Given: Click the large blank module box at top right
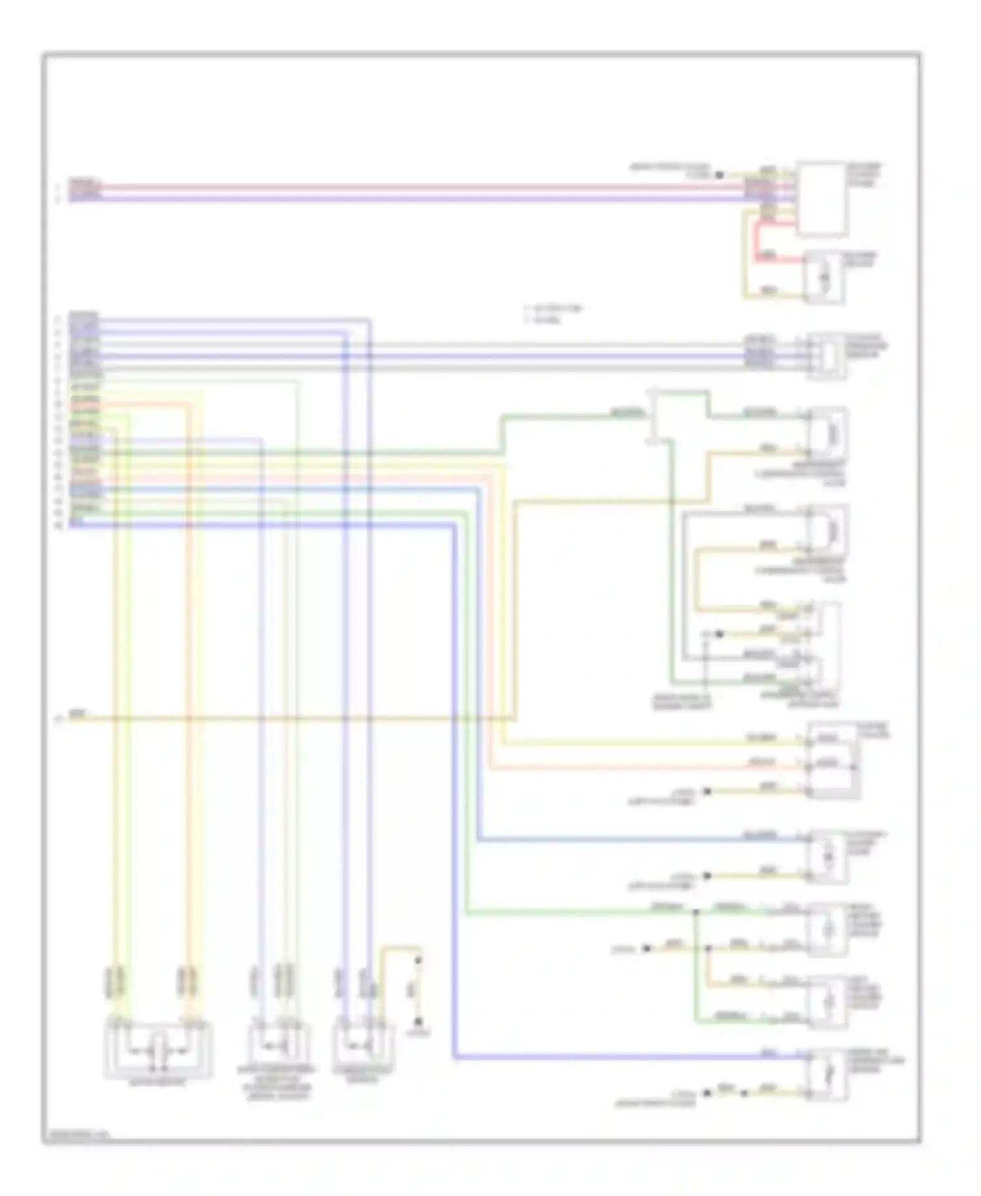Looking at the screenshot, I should pyautogui.click(x=821, y=198).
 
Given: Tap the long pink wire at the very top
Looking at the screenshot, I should pyautogui.click(x=419, y=187).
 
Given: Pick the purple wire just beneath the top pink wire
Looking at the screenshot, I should pyautogui.click(x=419, y=198).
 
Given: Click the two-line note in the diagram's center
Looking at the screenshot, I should pyautogui.click(x=553, y=314).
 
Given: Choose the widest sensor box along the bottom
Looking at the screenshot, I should pyautogui.click(x=158, y=1051).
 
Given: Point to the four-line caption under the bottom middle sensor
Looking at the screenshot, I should pyautogui.click(x=275, y=1083).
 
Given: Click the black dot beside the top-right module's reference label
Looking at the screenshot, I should pyautogui.click(x=719, y=175).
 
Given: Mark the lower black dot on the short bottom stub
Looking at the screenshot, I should pyautogui.click(x=419, y=1021).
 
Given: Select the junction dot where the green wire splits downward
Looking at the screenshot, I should pyautogui.click(x=695, y=911).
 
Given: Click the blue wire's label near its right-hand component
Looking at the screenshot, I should pyautogui.click(x=759, y=835).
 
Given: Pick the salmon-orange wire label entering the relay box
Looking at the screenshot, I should pyautogui.click(x=762, y=763).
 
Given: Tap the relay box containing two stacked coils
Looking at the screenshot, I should pyautogui.click(x=832, y=761).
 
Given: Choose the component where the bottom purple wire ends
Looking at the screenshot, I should pyautogui.click(x=827, y=1073).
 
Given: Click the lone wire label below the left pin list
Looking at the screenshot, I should pyautogui.click(x=77, y=712).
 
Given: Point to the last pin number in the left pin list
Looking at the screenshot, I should pyautogui.click(x=58, y=525).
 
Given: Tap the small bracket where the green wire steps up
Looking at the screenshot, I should pyautogui.click(x=654, y=416).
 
